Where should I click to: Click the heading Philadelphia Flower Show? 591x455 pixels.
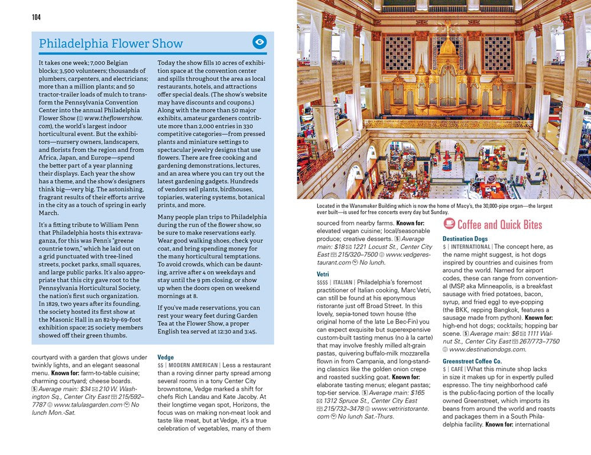point(111,44)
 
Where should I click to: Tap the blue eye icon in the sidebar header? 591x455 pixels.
point(259,42)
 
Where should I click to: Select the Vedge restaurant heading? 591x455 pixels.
point(165,357)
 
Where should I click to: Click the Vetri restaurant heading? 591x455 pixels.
point(323,274)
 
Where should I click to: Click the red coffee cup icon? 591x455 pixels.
point(449,224)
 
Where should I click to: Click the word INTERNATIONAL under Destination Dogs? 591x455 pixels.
point(470,247)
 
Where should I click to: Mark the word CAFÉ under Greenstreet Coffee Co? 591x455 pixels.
point(457,369)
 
